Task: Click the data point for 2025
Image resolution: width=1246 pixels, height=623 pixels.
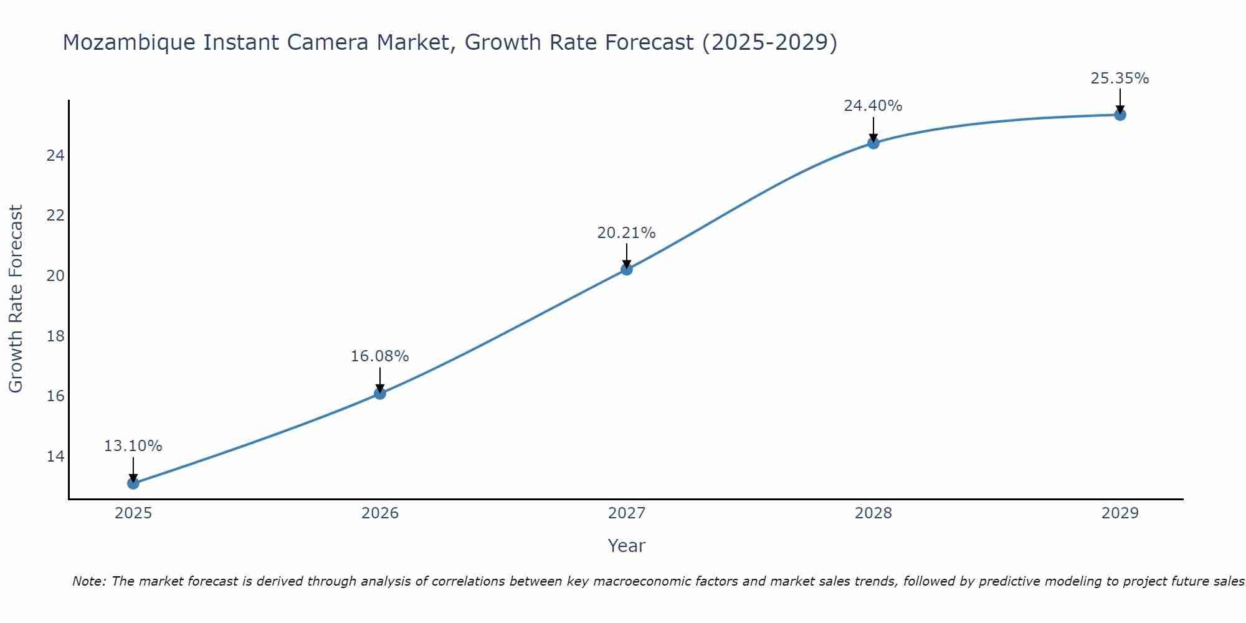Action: pyautogui.click(x=133, y=483)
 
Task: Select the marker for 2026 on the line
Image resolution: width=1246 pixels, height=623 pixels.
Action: pyautogui.click(x=380, y=393)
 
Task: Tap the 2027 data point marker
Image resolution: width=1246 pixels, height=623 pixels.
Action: pyautogui.click(x=627, y=269)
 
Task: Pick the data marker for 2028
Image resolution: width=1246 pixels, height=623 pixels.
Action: pyautogui.click(x=873, y=143)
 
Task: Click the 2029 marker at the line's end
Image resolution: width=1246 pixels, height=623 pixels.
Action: pyautogui.click(x=1120, y=115)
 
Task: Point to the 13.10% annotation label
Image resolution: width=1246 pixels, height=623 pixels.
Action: pyautogui.click(x=133, y=446)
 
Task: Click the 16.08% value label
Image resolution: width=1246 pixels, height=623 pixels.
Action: pyautogui.click(x=379, y=356)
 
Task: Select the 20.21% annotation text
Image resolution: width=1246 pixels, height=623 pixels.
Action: pyautogui.click(x=626, y=233)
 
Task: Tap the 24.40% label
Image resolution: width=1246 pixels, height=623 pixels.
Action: pyautogui.click(x=873, y=106)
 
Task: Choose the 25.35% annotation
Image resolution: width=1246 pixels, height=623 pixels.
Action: pyautogui.click(x=1120, y=78)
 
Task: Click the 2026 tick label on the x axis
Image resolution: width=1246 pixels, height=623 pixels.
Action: pyautogui.click(x=380, y=513)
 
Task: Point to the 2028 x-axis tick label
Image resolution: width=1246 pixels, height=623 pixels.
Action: pyautogui.click(x=873, y=513)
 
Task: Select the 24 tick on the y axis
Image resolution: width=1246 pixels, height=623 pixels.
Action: pyautogui.click(x=55, y=155)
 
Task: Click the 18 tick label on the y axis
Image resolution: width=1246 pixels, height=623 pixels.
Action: pyautogui.click(x=55, y=336)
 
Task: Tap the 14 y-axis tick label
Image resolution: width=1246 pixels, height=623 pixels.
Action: pyautogui.click(x=55, y=457)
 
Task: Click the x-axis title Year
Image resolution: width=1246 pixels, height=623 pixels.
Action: pyautogui.click(x=626, y=546)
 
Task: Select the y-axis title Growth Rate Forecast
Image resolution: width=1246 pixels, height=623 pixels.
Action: pyautogui.click(x=16, y=299)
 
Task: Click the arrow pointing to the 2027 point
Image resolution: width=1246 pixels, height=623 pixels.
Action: pyautogui.click(x=627, y=254)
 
